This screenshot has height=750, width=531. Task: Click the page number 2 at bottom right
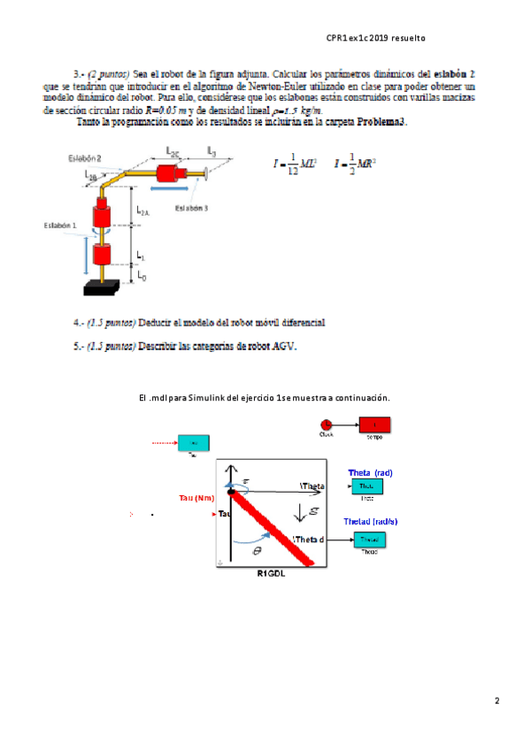click(497, 701)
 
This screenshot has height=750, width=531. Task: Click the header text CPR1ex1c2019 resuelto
click(376, 38)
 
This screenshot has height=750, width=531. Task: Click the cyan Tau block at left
click(194, 442)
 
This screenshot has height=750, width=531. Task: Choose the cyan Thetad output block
click(370, 538)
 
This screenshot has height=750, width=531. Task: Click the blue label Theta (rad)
click(371, 471)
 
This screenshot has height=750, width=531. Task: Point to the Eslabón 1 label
click(61, 226)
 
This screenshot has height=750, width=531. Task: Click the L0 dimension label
click(142, 276)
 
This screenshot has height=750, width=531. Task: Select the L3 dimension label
click(212, 151)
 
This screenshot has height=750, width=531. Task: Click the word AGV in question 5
click(285, 346)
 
